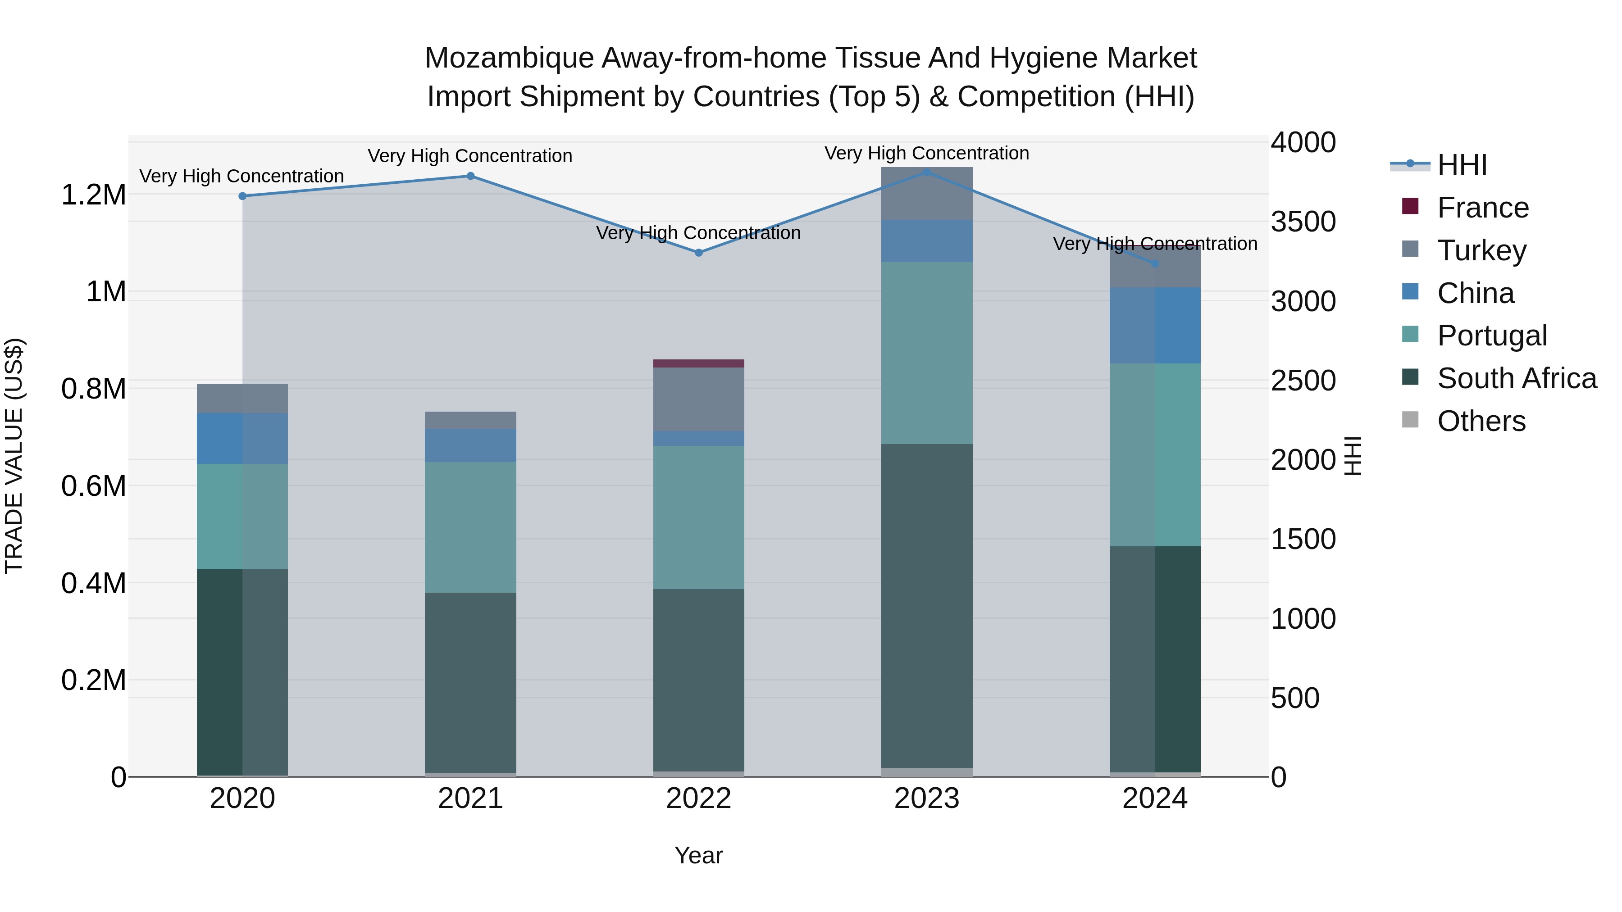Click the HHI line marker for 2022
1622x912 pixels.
698,252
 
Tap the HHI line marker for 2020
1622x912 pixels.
242,196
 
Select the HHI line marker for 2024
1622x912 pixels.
1155,264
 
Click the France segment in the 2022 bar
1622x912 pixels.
698,363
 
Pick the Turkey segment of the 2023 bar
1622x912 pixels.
926,193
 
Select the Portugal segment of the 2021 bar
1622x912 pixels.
470,527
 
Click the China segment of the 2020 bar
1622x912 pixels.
242,438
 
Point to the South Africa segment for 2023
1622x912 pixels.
926,605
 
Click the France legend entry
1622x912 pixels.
1482,208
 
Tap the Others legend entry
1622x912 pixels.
1481,421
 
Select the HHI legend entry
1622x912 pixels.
1462,165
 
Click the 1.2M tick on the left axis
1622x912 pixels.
93,195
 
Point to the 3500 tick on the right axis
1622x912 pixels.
1303,222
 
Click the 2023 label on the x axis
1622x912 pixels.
926,799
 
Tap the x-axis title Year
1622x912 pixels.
698,855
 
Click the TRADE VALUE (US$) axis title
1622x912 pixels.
14,456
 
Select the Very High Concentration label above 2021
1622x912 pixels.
470,155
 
